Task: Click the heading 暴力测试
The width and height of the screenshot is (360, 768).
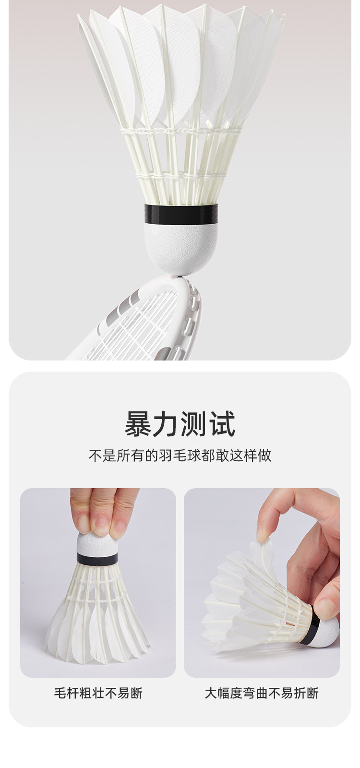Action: [x=180, y=424]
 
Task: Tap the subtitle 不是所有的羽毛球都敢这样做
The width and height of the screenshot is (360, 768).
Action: [x=180, y=456]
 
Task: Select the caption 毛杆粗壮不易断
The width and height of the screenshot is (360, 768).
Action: [x=98, y=693]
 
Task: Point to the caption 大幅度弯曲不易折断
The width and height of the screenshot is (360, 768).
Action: [x=262, y=693]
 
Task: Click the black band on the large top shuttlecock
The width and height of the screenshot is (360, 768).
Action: [x=181, y=213]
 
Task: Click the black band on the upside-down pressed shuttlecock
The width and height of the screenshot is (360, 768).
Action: [x=98, y=558]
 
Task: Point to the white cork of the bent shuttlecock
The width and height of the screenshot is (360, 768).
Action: [x=327, y=629]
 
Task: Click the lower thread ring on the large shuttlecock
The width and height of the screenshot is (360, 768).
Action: [x=181, y=176]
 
